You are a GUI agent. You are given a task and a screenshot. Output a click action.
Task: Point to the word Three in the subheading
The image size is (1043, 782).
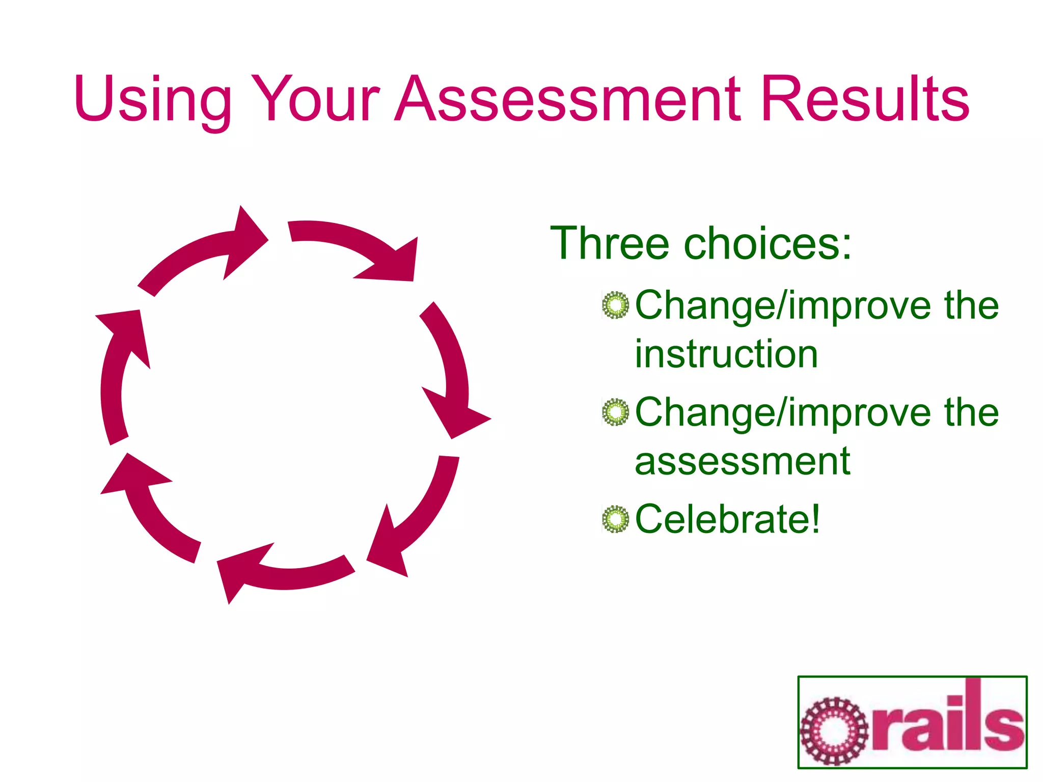(x=609, y=243)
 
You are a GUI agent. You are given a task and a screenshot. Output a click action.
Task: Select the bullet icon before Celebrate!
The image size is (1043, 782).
(x=616, y=519)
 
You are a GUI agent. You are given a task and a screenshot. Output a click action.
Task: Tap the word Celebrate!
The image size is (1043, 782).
(x=728, y=519)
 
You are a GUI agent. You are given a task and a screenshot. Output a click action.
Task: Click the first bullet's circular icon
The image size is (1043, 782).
(x=616, y=305)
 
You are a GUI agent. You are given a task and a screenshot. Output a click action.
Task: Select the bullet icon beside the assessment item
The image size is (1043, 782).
(x=616, y=412)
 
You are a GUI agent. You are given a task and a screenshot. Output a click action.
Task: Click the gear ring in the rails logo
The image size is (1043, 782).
(x=834, y=731)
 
